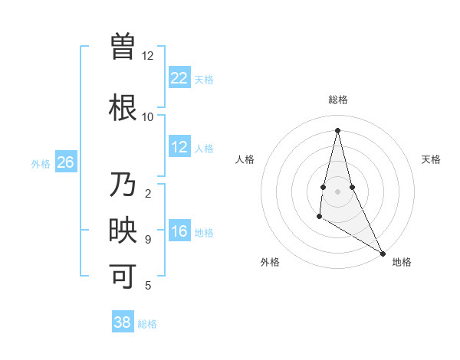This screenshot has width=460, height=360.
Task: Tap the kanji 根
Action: (x=123, y=106)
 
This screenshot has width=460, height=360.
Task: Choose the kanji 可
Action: (x=123, y=276)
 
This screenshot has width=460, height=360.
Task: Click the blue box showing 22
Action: (x=179, y=77)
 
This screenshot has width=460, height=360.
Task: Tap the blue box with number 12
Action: (x=179, y=147)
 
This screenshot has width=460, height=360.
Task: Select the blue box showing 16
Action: (x=179, y=231)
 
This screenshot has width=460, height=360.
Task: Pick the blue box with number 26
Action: (x=65, y=162)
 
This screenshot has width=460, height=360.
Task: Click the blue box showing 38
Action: (x=123, y=322)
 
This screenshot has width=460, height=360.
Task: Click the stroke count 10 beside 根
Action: (x=147, y=116)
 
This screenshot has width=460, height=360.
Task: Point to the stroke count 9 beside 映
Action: (x=147, y=240)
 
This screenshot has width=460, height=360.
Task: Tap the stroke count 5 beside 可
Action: (x=147, y=286)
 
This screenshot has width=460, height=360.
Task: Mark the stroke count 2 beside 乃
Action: (x=147, y=193)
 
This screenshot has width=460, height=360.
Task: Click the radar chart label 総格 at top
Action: (x=337, y=100)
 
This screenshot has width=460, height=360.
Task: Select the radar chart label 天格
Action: (x=431, y=159)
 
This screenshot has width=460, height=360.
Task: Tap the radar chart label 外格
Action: (x=270, y=262)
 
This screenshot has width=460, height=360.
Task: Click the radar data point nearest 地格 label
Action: (x=383, y=253)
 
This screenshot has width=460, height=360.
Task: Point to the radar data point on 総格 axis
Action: (x=337, y=129)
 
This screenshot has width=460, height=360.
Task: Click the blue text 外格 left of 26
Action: (x=41, y=163)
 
